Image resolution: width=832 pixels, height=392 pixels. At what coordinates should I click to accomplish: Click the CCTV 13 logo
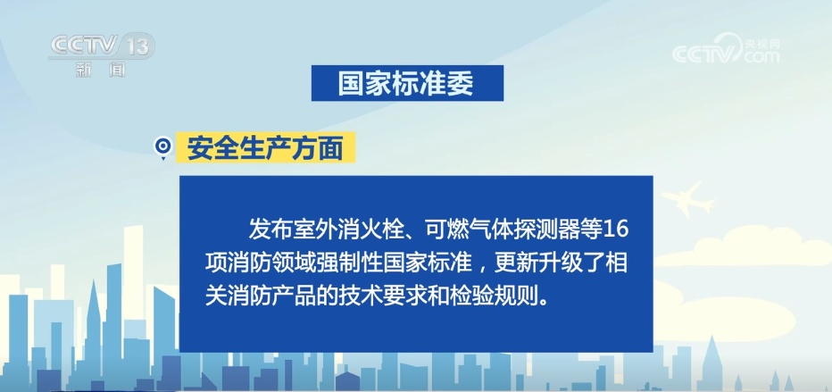pos(101,51)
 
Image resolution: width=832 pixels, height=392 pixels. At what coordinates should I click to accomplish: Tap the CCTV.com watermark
pos(727,49)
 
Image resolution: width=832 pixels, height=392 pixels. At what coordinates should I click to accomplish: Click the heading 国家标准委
pos(407,83)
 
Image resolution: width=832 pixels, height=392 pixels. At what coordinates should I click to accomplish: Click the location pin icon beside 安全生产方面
pos(162,147)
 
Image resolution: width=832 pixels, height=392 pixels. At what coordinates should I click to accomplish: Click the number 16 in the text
pos(616,229)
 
